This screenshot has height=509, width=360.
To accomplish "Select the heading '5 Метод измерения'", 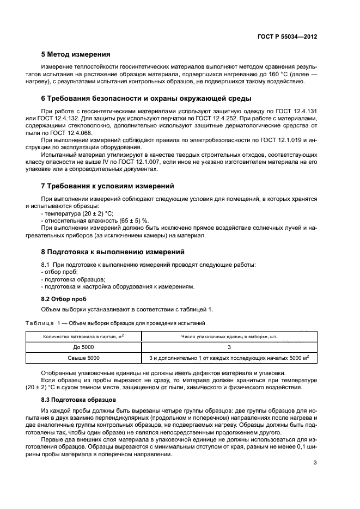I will (76, 54).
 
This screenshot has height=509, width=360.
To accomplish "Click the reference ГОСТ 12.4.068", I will (76, 133).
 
